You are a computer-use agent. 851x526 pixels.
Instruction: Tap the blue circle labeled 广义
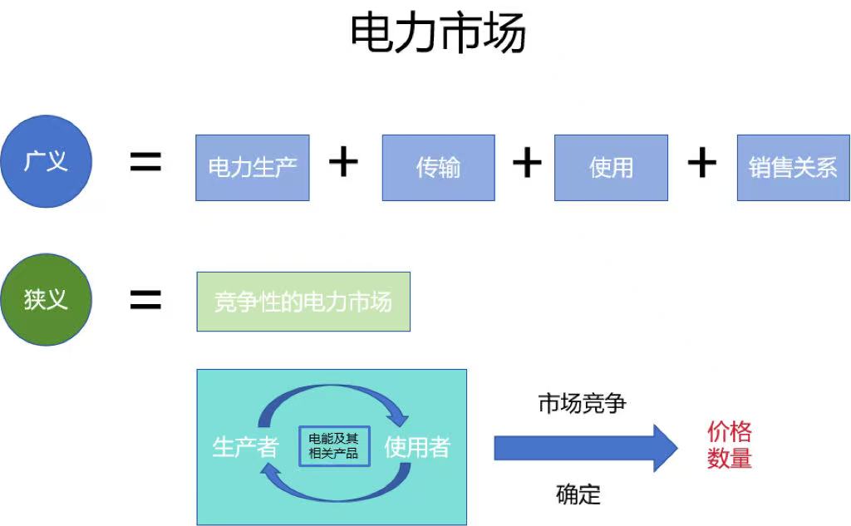coord(47,160)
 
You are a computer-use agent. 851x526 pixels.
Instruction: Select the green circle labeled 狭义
coord(47,299)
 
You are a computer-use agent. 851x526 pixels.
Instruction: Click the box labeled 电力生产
coord(253,168)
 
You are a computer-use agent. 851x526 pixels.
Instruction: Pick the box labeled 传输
coord(438,168)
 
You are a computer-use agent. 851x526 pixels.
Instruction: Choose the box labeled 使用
coord(611,168)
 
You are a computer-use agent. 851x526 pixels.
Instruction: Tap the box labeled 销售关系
coord(793,168)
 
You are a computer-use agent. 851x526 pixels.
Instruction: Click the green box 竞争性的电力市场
coord(303,302)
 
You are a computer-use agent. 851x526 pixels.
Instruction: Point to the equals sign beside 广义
coord(145,163)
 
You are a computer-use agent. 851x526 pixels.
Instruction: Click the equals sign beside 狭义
coord(145,300)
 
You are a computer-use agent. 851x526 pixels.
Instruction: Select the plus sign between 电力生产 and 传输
coord(343,162)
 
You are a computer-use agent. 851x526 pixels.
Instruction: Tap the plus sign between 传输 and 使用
coord(526,163)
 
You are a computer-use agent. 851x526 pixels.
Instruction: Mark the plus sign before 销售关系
coord(702,163)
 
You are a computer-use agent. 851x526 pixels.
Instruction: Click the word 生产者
coord(245,448)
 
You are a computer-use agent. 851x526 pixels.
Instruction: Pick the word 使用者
coord(417,448)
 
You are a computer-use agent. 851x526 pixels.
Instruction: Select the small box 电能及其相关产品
coord(333,446)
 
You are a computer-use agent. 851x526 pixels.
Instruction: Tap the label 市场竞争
coord(582,405)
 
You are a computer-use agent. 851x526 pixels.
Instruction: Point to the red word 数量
coord(730,458)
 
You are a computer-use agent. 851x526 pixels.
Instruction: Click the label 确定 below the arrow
coord(578,495)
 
